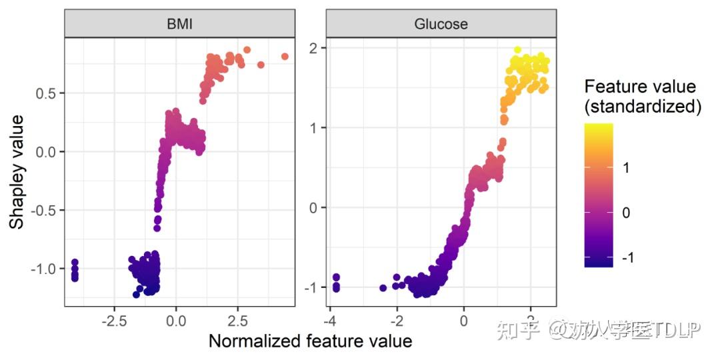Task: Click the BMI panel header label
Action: [180, 25]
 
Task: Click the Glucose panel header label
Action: [441, 25]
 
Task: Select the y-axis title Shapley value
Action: [17, 171]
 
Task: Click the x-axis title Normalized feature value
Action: [310, 341]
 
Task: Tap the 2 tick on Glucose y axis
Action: [313, 48]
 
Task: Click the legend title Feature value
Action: [639, 87]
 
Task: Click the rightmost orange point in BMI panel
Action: [285, 57]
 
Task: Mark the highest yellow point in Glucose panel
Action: [517, 50]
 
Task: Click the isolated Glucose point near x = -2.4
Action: [383, 288]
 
